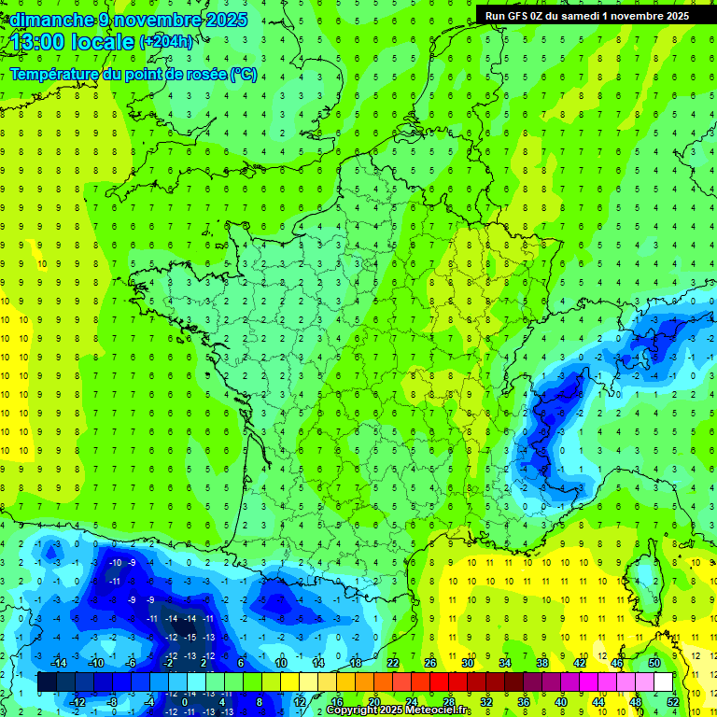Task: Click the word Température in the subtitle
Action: pos(54,75)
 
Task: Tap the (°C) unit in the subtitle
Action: pos(244,75)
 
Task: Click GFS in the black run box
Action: pos(518,16)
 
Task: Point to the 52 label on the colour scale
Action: pos(672,701)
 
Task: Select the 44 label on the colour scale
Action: pos(597,701)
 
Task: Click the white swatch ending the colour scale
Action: pos(663,682)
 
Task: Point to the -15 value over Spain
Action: pos(190,638)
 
